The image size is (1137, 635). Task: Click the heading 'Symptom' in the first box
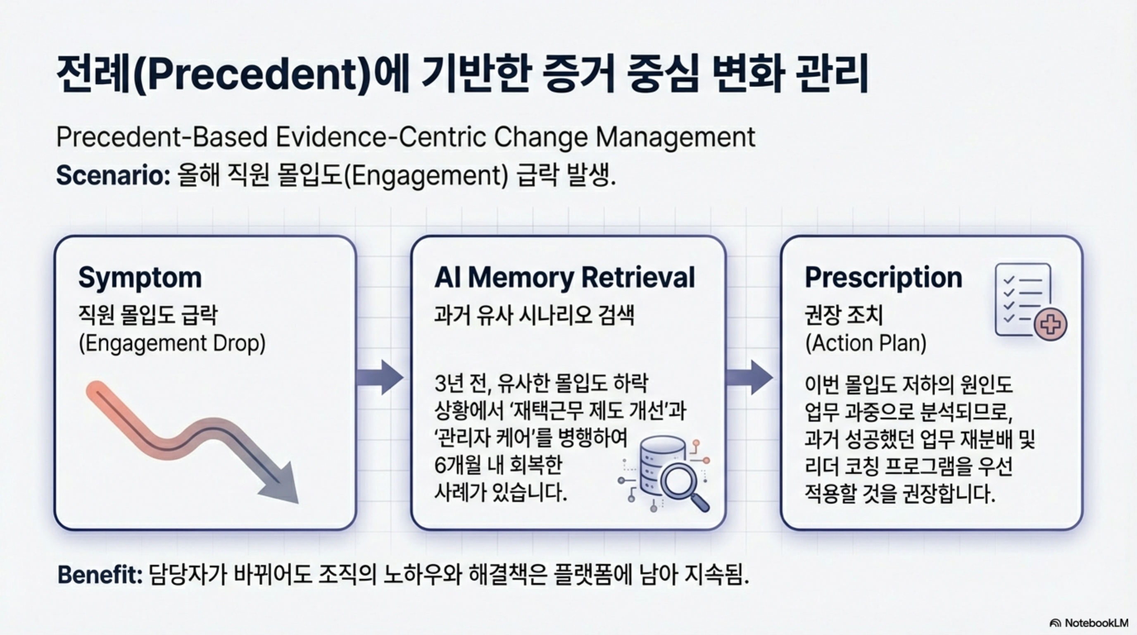coord(140,278)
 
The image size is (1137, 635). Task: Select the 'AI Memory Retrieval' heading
coord(564,278)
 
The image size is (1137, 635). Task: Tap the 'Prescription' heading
coord(883,278)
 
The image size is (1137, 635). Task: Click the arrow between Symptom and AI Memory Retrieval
coord(380,377)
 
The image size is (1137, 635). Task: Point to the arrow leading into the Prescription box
coord(750,377)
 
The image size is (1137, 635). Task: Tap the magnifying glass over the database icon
coord(680,482)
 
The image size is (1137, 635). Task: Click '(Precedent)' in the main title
coord(251,75)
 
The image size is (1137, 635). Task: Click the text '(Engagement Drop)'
coord(172,344)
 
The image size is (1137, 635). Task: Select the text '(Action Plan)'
coord(866,344)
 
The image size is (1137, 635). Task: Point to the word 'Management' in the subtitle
coord(676,137)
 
